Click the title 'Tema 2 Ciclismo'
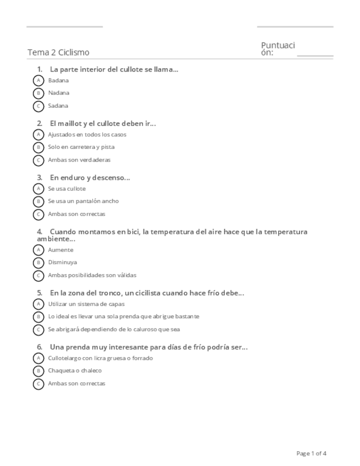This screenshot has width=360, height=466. (x=58, y=52)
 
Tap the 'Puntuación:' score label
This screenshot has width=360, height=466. (x=278, y=48)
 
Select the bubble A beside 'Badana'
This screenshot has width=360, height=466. (x=38, y=80)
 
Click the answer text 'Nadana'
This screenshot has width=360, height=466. (x=58, y=93)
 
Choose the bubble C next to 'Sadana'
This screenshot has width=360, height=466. (x=38, y=106)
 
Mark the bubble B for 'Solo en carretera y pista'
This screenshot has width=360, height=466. (x=38, y=147)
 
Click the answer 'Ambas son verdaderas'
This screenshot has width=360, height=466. (x=79, y=160)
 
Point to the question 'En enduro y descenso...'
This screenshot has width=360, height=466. (x=90, y=177)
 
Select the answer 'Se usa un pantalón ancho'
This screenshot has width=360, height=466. (x=83, y=201)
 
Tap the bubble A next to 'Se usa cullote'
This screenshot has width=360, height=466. (x=38, y=188)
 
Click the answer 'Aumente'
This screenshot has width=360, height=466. (x=60, y=250)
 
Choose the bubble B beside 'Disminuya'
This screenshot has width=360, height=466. (x=38, y=263)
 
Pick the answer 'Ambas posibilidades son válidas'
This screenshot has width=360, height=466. (x=92, y=275)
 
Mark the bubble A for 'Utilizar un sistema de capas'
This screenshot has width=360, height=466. (x=38, y=304)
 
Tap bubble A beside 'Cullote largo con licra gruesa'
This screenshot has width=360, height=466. (x=38, y=358)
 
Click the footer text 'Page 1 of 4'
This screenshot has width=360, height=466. (x=312, y=453)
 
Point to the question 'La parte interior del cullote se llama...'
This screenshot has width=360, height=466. (x=114, y=69)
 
